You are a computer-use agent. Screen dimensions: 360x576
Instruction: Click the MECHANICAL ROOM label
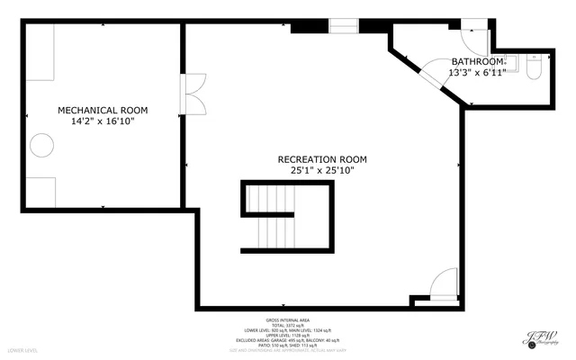coord(103,110)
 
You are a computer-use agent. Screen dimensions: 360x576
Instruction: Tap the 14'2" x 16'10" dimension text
coord(103,121)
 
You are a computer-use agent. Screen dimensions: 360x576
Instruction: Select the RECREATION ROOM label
coord(321,159)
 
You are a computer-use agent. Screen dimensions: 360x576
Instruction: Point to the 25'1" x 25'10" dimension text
coord(321,170)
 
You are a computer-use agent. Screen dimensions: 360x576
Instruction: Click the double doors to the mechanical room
coord(192,94)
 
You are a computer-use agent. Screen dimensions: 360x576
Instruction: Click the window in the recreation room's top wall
coord(343,26)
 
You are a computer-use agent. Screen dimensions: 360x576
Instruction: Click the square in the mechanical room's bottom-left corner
coord(40,192)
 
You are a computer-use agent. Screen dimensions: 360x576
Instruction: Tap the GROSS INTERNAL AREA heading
coord(288,320)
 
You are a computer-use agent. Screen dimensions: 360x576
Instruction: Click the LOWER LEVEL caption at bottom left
coord(22,349)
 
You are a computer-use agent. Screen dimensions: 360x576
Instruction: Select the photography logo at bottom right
coord(542,339)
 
